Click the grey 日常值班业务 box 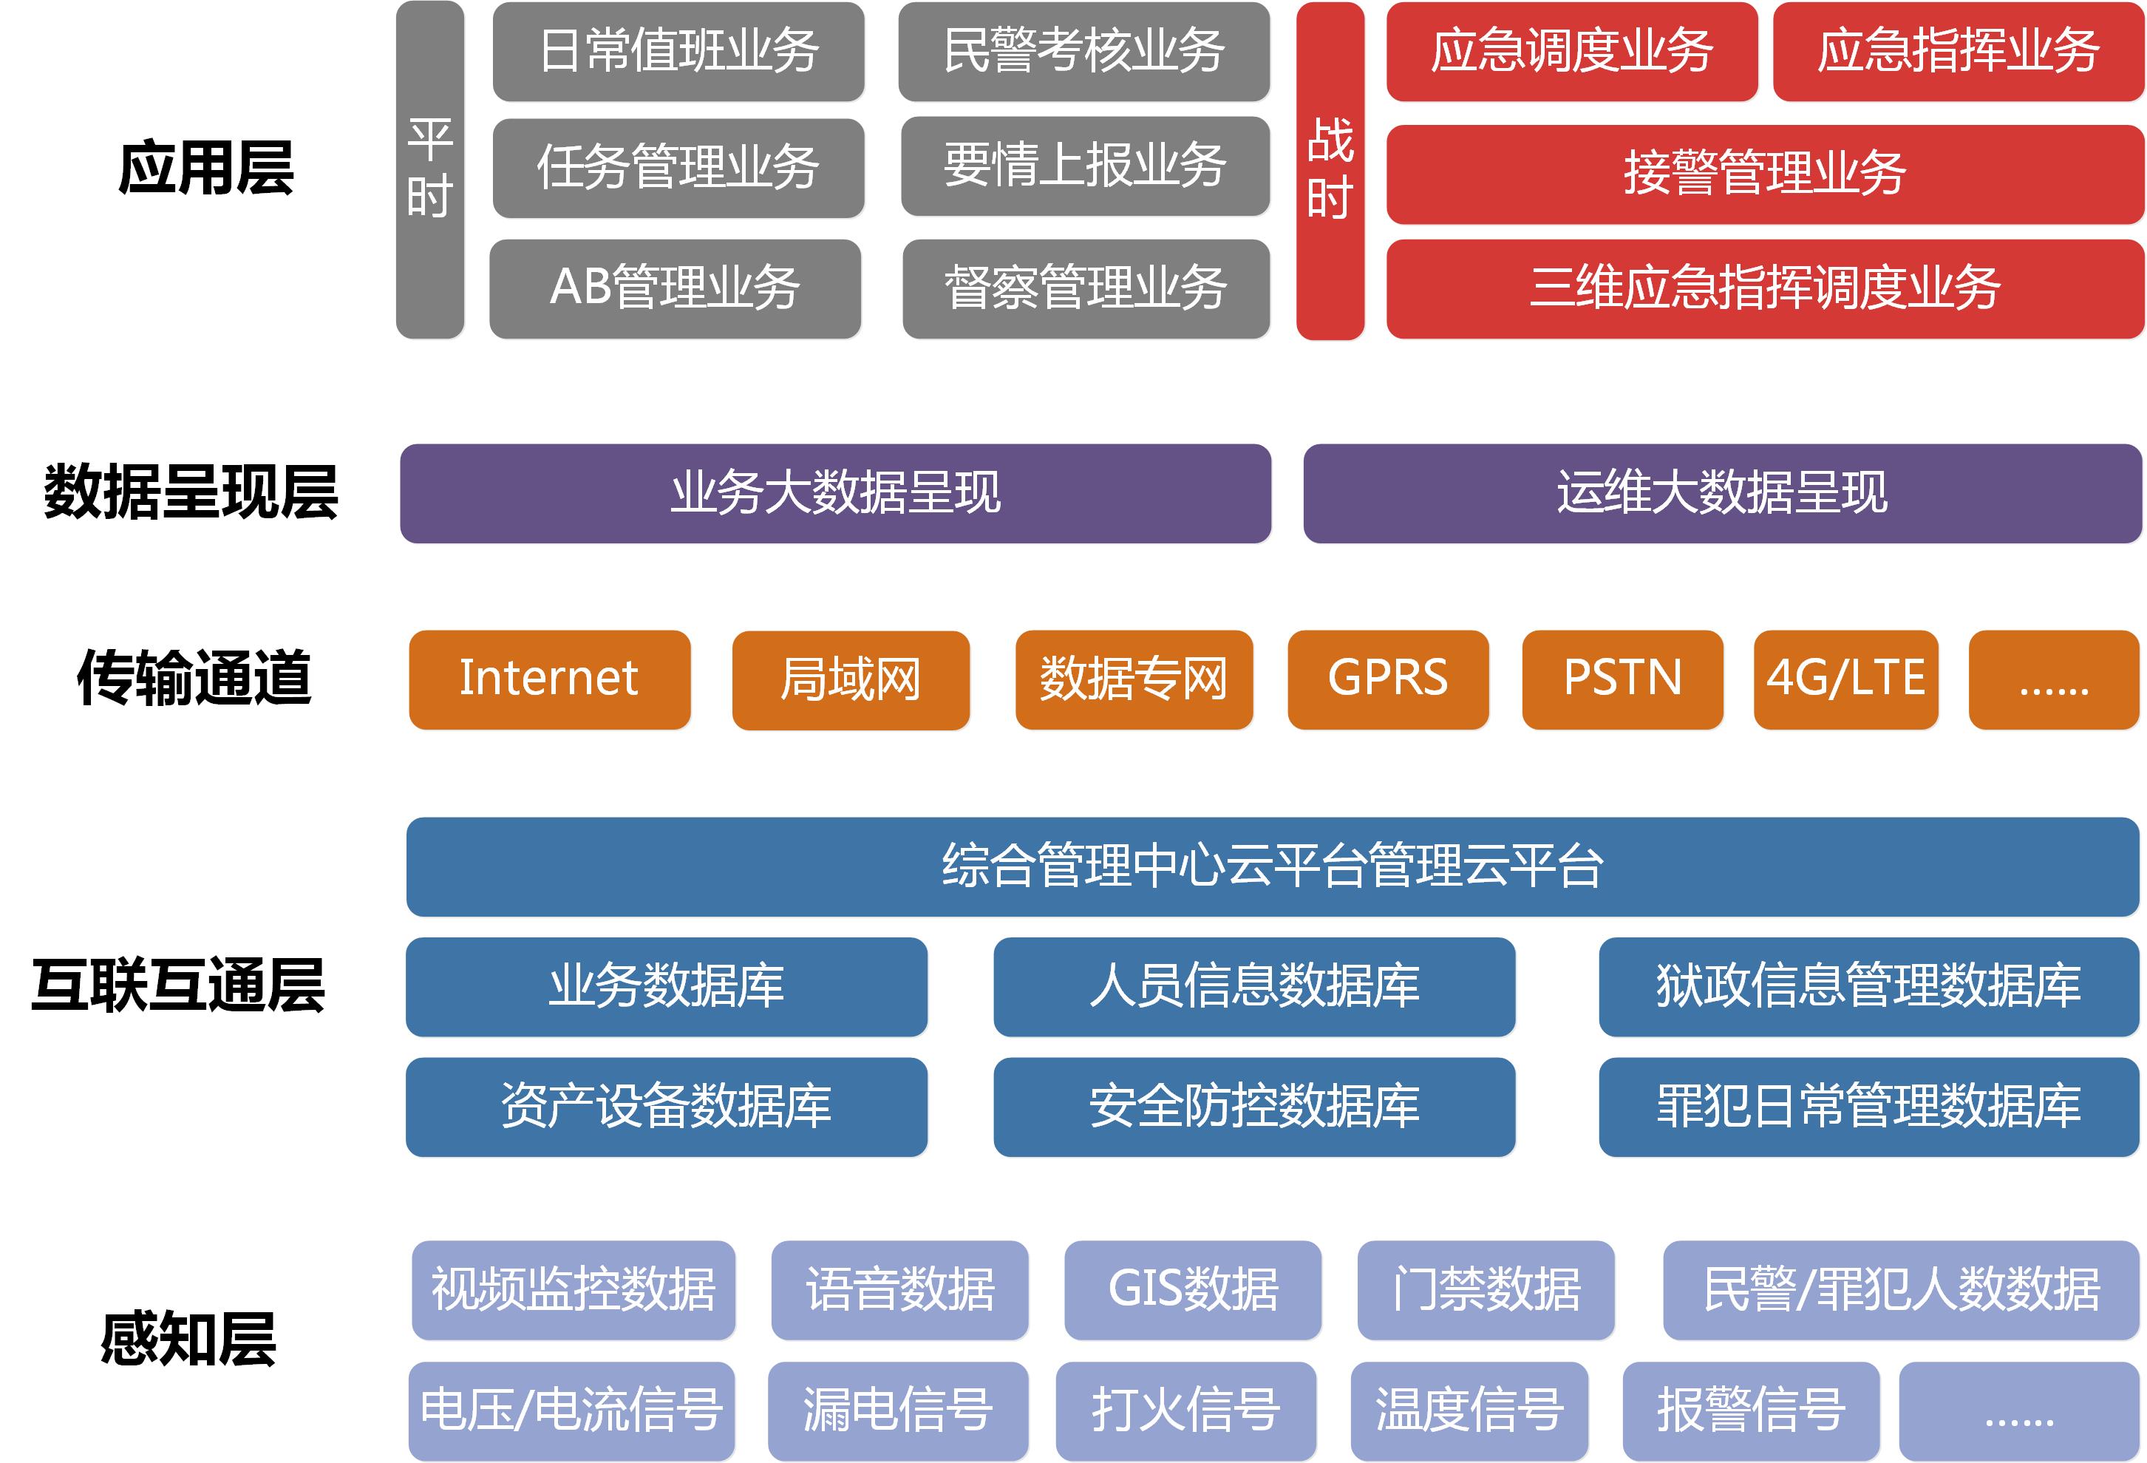click(x=678, y=52)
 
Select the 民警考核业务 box click(x=1083, y=52)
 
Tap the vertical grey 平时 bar click(x=429, y=170)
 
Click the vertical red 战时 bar click(x=1330, y=170)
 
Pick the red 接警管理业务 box click(x=1765, y=174)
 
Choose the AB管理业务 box click(x=676, y=288)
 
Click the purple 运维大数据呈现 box click(x=1722, y=494)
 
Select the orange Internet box click(x=550, y=679)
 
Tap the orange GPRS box click(x=1388, y=679)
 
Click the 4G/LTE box click(x=1846, y=679)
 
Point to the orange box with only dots click(x=2054, y=679)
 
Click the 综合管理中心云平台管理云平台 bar click(x=1272, y=866)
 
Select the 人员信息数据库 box click(x=1253, y=986)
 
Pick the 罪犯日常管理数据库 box click(x=1868, y=1106)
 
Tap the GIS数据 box click(x=1193, y=1289)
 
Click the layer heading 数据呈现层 click(x=191, y=492)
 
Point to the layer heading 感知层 click(x=188, y=1339)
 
